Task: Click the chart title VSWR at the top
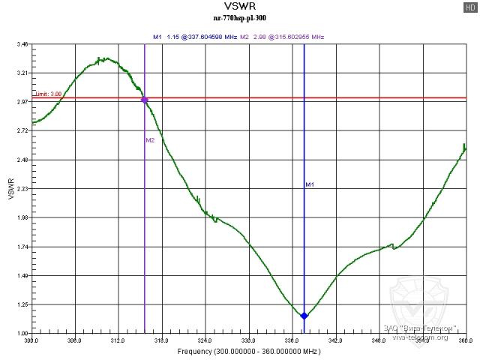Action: [x=239, y=9]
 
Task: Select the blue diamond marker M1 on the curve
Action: [x=304, y=316]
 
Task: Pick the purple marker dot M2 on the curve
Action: [x=145, y=99]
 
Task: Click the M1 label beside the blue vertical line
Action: [x=309, y=184]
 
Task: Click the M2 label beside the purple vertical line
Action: [x=150, y=140]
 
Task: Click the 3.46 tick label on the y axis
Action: [x=22, y=44]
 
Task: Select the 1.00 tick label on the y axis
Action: [x=22, y=334]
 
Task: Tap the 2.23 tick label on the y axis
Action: [x=22, y=189]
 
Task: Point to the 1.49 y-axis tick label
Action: [x=22, y=276]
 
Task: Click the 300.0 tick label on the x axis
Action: [x=31, y=340]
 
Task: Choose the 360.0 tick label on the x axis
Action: [x=465, y=340]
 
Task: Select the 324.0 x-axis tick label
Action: [x=205, y=340]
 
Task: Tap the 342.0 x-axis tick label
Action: [x=335, y=340]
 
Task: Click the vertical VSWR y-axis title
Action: [x=10, y=189]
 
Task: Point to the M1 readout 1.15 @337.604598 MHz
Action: [x=195, y=36]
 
